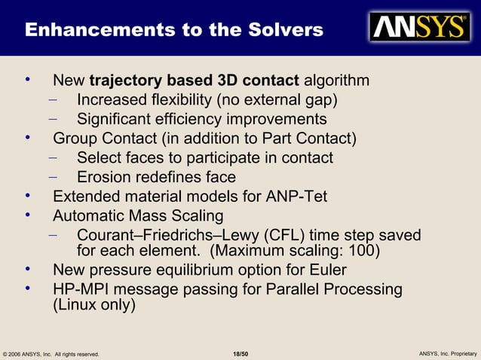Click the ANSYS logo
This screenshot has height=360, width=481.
click(418, 27)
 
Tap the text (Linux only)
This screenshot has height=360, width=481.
click(93, 306)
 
